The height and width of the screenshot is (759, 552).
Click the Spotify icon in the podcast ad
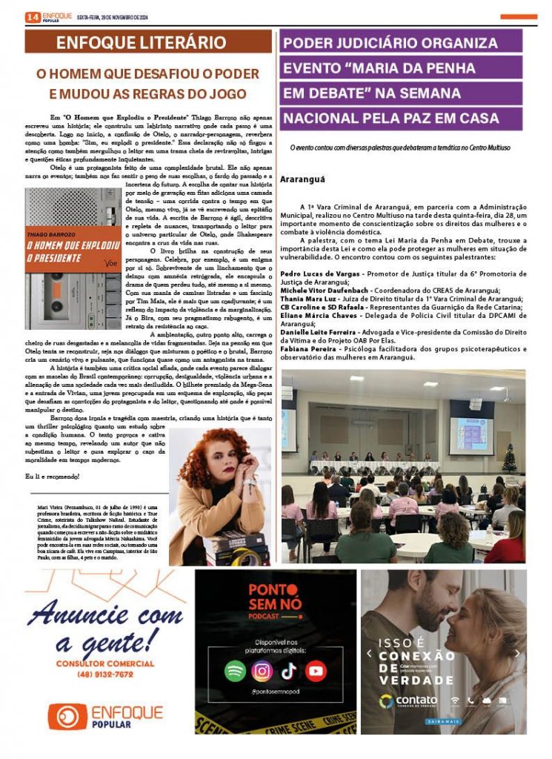click(236, 671)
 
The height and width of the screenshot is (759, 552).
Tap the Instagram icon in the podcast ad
click(262, 671)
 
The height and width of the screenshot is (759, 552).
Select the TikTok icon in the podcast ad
click(289, 671)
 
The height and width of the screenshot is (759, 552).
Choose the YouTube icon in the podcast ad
click(316, 671)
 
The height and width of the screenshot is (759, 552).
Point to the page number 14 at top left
click(31, 16)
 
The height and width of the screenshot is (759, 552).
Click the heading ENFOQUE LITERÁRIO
click(142, 43)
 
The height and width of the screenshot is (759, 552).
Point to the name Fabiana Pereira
click(309, 348)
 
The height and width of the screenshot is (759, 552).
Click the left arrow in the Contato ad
click(370, 653)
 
